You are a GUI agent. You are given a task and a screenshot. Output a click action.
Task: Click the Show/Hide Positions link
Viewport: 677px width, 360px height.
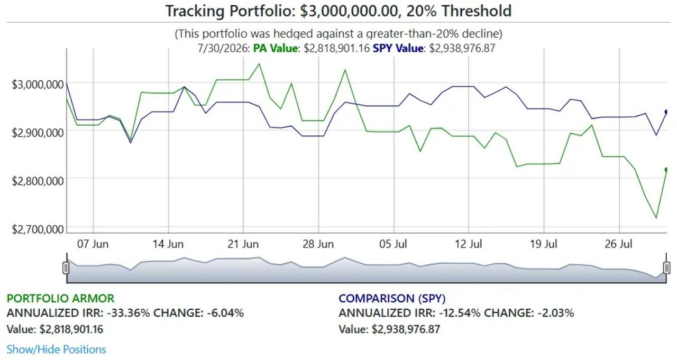tap(56, 349)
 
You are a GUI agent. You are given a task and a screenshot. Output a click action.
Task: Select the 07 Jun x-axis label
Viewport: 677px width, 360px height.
tap(93, 244)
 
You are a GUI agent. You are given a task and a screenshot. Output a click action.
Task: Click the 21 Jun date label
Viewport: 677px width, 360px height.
tap(243, 244)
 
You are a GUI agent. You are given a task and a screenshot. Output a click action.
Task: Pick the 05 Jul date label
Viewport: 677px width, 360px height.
tap(393, 244)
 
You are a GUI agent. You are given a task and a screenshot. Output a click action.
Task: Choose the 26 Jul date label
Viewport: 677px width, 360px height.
tap(618, 244)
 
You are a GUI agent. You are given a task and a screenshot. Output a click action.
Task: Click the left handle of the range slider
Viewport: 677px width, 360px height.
tap(66, 268)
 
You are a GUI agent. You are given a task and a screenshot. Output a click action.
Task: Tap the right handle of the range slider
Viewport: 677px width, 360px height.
tap(666, 268)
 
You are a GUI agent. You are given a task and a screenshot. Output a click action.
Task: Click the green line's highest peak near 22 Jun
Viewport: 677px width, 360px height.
tap(259, 64)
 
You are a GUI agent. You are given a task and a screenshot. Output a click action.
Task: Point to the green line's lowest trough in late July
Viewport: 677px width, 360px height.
tap(656, 218)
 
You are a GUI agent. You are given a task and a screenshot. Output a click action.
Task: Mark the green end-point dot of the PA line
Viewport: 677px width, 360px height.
tap(666, 170)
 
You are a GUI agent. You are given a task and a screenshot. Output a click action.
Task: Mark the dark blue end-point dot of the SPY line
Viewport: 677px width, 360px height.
tap(666, 112)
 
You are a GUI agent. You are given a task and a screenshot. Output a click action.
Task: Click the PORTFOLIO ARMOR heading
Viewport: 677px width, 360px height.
tap(60, 298)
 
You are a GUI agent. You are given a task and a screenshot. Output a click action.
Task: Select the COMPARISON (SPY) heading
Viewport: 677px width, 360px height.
tap(392, 298)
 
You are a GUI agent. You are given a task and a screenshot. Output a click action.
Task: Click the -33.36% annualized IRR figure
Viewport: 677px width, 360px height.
tap(128, 313)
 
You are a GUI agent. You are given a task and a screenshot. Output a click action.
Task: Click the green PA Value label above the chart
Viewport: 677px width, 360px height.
tap(276, 48)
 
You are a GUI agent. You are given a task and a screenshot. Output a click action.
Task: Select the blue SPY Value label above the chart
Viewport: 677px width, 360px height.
tap(398, 48)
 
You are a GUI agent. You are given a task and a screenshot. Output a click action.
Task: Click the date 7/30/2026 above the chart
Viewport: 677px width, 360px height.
tap(223, 48)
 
